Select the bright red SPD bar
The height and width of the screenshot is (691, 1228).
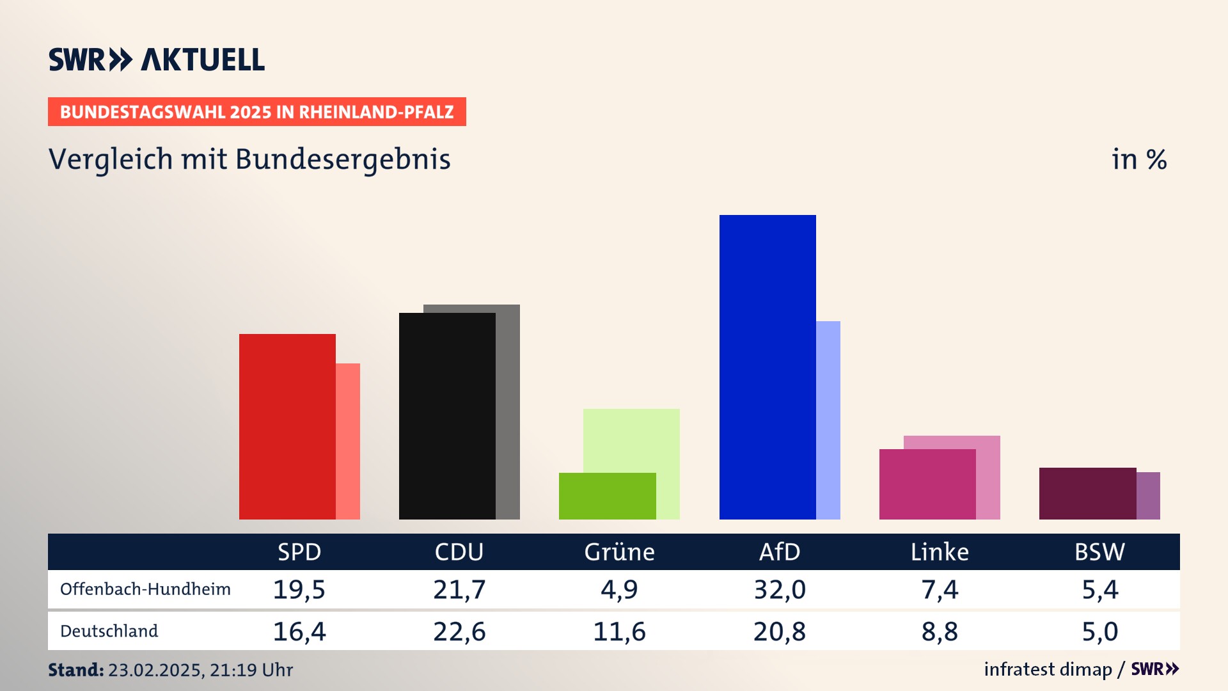[287, 426]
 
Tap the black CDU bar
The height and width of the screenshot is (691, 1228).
[447, 416]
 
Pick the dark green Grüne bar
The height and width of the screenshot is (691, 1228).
[607, 496]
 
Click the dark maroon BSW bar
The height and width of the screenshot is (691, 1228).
[1087, 493]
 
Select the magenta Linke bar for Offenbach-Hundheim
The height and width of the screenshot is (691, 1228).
[927, 484]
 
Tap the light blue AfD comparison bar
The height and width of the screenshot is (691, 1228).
[828, 420]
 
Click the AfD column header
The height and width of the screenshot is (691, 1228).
[779, 552]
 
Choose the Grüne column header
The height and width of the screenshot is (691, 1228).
[619, 552]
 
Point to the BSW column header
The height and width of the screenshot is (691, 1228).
[1099, 552]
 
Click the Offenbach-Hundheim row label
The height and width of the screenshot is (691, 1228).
[145, 589]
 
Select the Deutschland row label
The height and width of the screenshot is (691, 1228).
[109, 631]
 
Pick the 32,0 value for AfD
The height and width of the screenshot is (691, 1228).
[780, 589]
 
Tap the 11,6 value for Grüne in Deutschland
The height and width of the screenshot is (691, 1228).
[619, 631]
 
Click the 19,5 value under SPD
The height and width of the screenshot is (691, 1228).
[299, 589]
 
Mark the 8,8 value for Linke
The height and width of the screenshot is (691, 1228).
[940, 631]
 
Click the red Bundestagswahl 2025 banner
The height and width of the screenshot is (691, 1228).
[256, 112]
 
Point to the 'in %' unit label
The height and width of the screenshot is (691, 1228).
[1138, 160]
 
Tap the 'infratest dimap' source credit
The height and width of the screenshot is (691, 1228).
[1048, 669]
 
